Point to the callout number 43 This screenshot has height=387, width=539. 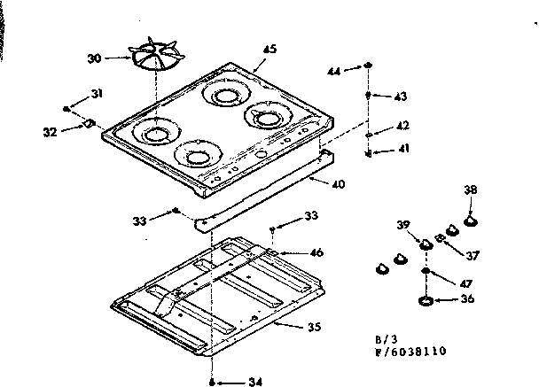pyautogui.click(x=400, y=96)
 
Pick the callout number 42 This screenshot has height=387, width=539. pyautogui.click(x=402, y=126)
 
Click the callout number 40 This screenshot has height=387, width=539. pyautogui.click(x=338, y=183)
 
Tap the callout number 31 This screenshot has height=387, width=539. pyautogui.click(x=97, y=95)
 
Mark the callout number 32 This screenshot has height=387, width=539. pyautogui.click(x=50, y=131)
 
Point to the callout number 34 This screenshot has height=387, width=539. pyautogui.click(x=255, y=382)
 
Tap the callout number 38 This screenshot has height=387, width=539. pyautogui.click(x=470, y=189)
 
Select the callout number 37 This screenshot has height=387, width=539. pyautogui.click(x=472, y=256)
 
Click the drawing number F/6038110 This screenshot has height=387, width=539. pyautogui.click(x=411, y=351)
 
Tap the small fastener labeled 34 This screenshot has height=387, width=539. pyautogui.click(x=213, y=382)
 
